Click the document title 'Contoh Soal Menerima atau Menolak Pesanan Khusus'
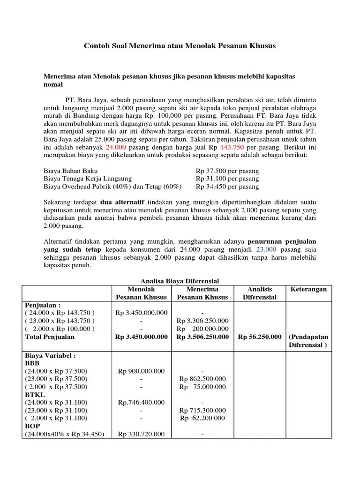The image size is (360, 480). pos(180,46)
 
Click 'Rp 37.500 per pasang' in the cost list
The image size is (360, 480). pos(227,171)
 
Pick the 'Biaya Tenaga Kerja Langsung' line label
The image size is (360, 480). pos(88,179)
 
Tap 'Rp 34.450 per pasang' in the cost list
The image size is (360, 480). pos(227,187)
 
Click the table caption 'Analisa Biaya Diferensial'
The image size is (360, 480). pos(180,281)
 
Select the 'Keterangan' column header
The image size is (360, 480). pos(308,289)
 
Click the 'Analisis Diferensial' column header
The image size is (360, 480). pos(259,293)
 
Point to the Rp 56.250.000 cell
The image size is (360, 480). pos(260,337)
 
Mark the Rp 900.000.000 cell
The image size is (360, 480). pos(141,371)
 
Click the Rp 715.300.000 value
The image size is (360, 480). pos(202,410)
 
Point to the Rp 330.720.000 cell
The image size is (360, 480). pos(141,434)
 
